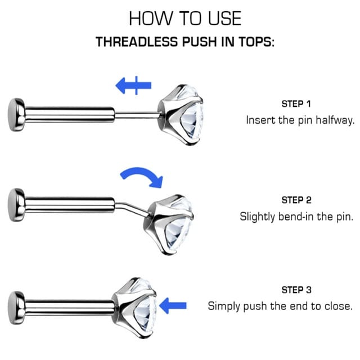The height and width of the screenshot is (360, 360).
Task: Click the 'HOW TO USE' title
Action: (x=185, y=19)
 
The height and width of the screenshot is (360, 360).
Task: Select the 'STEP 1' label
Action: (x=296, y=103)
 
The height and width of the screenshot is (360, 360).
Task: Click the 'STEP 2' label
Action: (x=296, y=200)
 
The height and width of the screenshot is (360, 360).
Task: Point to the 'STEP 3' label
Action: (x=296, y=290)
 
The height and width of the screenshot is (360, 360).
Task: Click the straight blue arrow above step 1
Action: (x=133, y=85)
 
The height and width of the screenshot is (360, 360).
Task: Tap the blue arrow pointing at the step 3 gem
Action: (x=173, y=305)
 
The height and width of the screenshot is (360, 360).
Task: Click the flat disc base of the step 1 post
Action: (x=16, y=115)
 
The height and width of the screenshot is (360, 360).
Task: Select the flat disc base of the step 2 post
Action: (x=16, y=205)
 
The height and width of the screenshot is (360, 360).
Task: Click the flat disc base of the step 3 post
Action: (x=16, y=308)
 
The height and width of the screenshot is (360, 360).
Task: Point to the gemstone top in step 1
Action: (x=181, y=115)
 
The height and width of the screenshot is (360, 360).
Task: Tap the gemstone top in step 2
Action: (x=169, y=224)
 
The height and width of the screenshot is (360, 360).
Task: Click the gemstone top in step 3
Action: (x=135, y=308)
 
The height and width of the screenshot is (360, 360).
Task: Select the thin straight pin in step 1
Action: (x=137, y=115)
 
